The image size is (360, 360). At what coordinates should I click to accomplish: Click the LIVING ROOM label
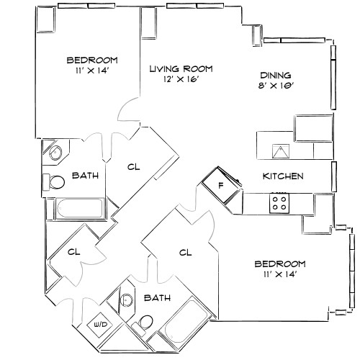(181, 68)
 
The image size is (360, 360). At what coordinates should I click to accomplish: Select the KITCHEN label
(282, 176)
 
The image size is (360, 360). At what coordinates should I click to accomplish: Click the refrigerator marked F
(220, 185)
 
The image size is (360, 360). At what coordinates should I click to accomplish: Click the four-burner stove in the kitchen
(279, 203)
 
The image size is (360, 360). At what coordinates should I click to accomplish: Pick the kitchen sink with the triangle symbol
(280, 150)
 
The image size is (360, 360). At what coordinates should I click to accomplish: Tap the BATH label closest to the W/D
(156, 297)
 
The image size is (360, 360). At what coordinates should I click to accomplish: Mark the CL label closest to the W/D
(73, 252)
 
